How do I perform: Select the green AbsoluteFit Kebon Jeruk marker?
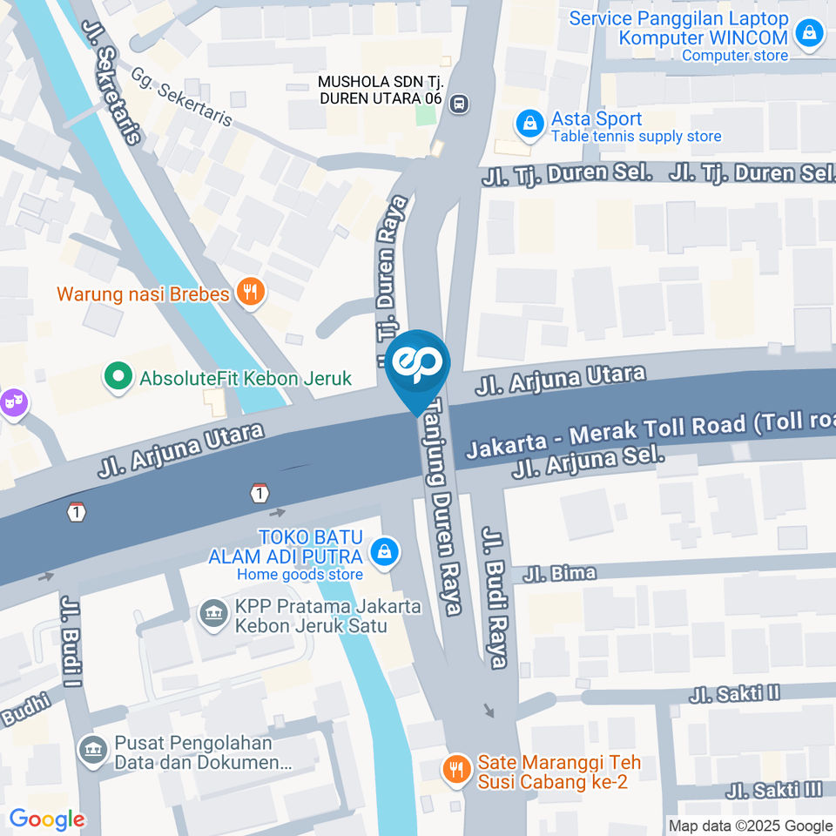pyautogui.click(x=114, y=377)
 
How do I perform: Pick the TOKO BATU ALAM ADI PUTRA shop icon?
pyautogui.click(x=381, y=551)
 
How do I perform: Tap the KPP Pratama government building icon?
pyautogui.click(x=212, y=614)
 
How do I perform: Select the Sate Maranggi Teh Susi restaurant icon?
pyautogui.click(x=455, y=769)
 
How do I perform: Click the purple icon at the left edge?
pyautogui.click(x=14, y=402)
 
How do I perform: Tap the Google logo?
pyautogui.click(x=47, y=819)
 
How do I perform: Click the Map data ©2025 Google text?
pyautogui.click(x=750, y=826)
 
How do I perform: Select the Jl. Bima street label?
pyautogui.click(x=559, y=573)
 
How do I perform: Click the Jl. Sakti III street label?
pyautogui.click(x=775, y=790)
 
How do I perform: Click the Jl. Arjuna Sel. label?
pyautogui.click(x=589, y=462)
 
